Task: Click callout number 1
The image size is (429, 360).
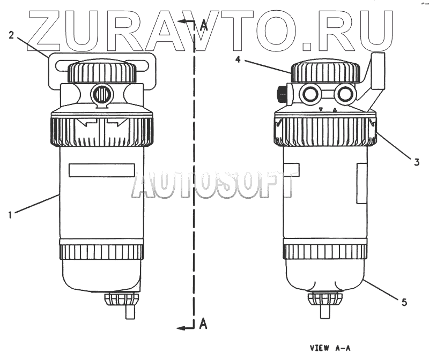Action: tap(10, 215)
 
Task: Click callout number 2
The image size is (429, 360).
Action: tap(11, 35)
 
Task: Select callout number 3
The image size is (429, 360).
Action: tap(417, 162)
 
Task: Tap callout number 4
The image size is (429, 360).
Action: tap(238, 59)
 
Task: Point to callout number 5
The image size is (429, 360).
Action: tap(404, 302)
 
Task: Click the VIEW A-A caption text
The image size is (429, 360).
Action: tap(330, 348)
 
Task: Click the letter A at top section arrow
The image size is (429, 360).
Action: tap(204, 25)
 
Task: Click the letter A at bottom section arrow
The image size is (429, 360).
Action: tap(203, 324)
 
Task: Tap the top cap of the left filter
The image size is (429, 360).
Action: tap(102, 72)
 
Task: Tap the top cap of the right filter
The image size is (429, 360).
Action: tap(325, 72)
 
